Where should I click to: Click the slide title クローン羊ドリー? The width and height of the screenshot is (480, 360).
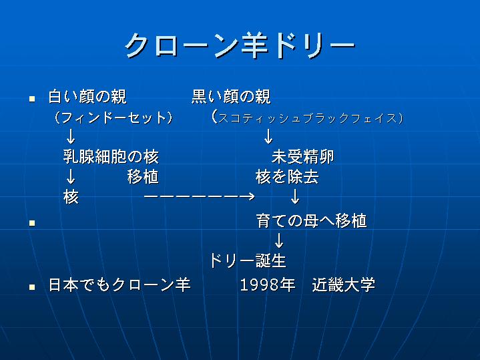(240, 45)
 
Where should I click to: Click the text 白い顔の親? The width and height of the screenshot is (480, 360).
(87, 96)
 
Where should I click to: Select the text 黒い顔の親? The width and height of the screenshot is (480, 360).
(231, 96)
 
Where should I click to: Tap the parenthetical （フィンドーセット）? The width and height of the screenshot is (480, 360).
(113, 118)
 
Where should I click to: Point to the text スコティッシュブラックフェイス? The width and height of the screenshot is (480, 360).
(308, 118)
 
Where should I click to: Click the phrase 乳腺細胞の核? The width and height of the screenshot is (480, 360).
(111, 156)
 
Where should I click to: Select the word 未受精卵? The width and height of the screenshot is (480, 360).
(303, 156)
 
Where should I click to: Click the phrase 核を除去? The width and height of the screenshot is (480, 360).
(287, 177)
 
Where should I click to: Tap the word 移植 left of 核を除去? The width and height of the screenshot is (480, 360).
(143, 177)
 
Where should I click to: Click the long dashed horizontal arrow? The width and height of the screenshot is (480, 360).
(200, 196)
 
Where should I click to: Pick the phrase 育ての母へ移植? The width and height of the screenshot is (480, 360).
(311, 220)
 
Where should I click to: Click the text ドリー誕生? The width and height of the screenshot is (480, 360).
(248, 261)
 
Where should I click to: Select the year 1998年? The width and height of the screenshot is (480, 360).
(268, 285)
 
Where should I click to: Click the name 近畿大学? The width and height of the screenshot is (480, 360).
(344, 285)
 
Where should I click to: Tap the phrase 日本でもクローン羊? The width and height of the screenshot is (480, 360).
(119, 285)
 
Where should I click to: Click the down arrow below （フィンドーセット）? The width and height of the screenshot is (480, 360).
(71, 136)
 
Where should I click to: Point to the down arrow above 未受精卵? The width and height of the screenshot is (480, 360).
(268, 136)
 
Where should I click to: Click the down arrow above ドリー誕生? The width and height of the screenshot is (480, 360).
(279, 241)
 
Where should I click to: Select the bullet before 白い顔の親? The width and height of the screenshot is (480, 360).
(32, 99)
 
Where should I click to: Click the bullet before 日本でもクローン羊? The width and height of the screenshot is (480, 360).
(32, 287)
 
